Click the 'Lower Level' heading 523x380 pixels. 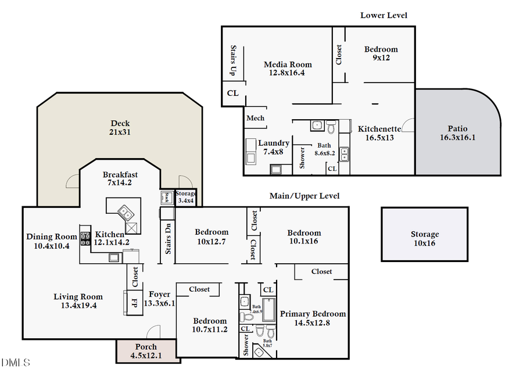coord(384,15)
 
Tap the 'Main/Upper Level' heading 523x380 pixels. coord(305,196)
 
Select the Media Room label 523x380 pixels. coord(288,69)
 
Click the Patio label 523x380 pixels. coord(457,133)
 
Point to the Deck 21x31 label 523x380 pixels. coord(120,128)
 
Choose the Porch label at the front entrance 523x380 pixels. coord(146,351)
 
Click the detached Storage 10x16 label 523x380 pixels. coord(425,239)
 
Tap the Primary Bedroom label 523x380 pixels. coord(313,318)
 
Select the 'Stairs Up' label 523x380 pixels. coord(232,60)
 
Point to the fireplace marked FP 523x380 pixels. coord(134,303)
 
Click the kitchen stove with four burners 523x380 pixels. coord(85,237)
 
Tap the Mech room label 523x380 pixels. coord(256,118)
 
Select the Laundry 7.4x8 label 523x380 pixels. coord(274,147)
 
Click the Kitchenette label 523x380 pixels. coord(379,133)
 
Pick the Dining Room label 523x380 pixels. coord(52,241)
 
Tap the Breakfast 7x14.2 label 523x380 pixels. coord(120,179)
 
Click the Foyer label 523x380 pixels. coord(159,299)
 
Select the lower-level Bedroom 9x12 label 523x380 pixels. coord(381,53)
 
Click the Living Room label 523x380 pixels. coord(78,301)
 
